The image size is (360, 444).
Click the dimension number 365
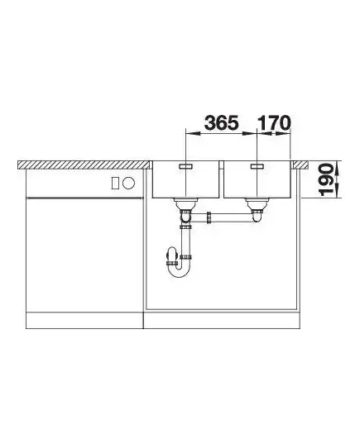(x=222, y=123)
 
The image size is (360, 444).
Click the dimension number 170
(x=274, y=123)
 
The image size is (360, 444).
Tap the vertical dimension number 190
(x=326, y=179)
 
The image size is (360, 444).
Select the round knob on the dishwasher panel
(x=129, y=184)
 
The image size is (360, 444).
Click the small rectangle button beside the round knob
(x=115, y=184)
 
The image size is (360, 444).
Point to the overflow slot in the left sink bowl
(x=185, y=166)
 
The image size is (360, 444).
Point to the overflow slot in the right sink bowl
(x=257, y=166)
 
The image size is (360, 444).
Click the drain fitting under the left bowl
(x=185, y=203)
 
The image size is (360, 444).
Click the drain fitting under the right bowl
(x=257, y=203)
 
